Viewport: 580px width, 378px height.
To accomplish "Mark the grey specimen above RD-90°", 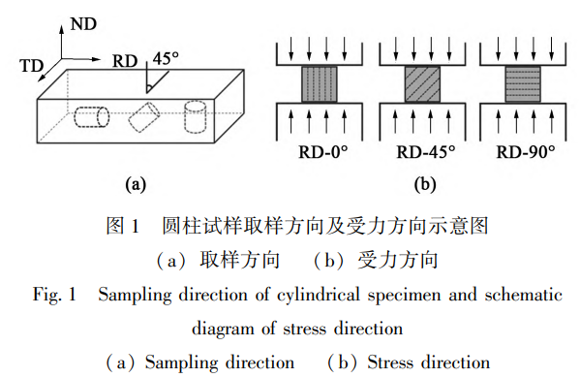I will tap(525, 85).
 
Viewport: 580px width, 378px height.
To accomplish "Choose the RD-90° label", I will tap(526, 152).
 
